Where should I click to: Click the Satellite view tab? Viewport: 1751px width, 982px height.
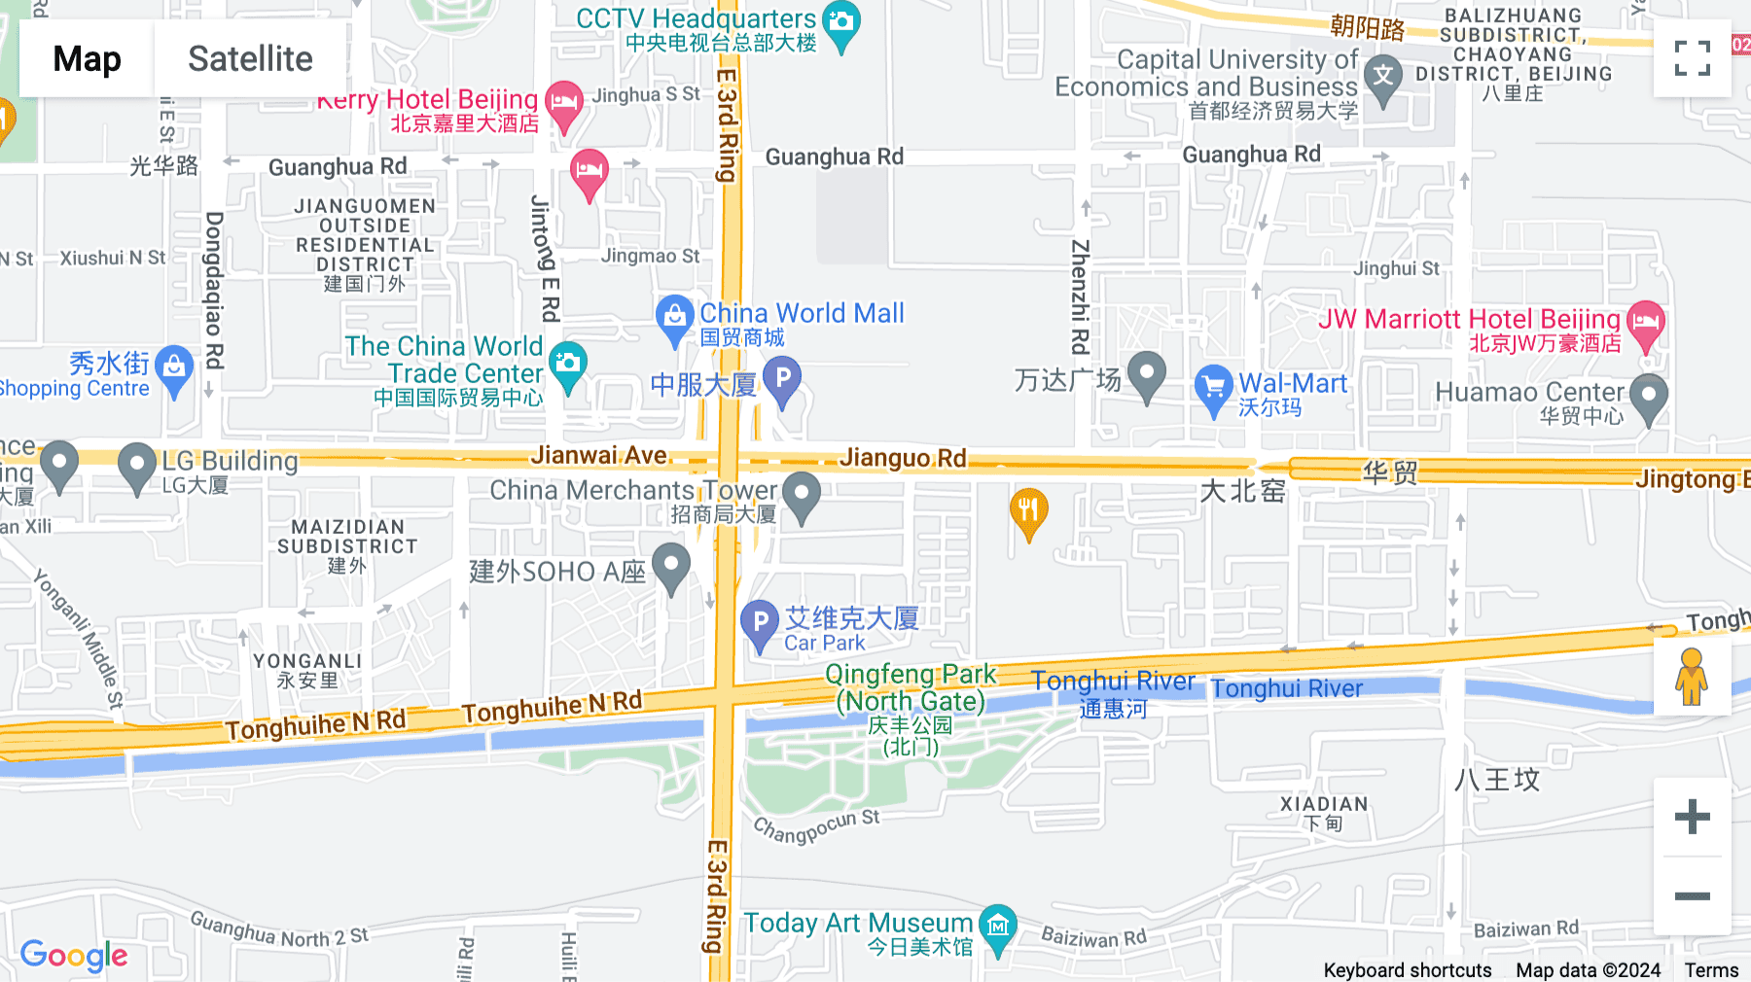point(250,59)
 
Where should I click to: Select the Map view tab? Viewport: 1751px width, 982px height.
point(87,59)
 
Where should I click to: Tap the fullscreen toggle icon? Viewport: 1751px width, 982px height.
point(1692,58)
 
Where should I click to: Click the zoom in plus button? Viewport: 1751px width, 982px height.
point(1692,817)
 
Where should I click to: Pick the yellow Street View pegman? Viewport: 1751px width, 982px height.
point(1692,677)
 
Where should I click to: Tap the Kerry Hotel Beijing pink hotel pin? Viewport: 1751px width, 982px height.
point(564,103)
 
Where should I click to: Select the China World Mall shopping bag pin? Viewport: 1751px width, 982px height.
point(674,317)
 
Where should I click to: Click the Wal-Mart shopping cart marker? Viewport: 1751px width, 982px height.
point(1213,387)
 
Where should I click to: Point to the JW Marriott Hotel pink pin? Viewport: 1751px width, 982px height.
point(1646,323)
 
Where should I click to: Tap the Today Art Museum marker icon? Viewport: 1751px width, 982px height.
point(998,927)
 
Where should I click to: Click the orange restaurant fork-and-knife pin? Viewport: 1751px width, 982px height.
point(1028,509)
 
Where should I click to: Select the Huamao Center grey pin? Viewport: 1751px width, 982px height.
point(1649,396)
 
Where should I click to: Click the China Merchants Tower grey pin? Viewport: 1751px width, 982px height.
point(802,493)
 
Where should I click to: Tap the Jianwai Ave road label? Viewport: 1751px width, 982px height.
point(599,455)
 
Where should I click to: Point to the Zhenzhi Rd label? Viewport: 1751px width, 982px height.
point(1080,297)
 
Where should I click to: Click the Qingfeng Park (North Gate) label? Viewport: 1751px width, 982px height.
point(911,688)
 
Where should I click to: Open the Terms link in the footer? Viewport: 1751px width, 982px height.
point(1711,970)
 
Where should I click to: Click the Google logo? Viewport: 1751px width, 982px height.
point(74,956)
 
